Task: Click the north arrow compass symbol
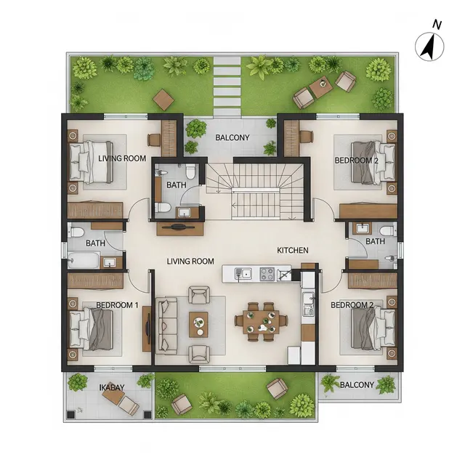click(429, 46)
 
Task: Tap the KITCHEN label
click(292, 250)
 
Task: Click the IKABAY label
click(111, 387)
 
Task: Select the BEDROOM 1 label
click(117, 305)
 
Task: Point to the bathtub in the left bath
click(83, 260)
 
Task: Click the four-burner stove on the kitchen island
click(267, 274)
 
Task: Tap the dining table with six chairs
click(261, 321)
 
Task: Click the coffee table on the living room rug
click(198, 324)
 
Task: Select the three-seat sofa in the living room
click(166, 325)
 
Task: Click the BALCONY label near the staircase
click(232, 137)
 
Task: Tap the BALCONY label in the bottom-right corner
click(357, 385)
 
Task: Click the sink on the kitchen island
click(243, 274)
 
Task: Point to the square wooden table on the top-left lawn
click(163, 100)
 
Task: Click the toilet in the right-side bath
click(387, 231)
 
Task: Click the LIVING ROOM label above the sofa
click(190, 262)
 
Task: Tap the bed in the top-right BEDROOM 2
click(373, 163)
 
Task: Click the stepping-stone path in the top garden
click(227, 86)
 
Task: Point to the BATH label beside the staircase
click(176, 185)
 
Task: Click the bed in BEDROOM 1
click(91, 329)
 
